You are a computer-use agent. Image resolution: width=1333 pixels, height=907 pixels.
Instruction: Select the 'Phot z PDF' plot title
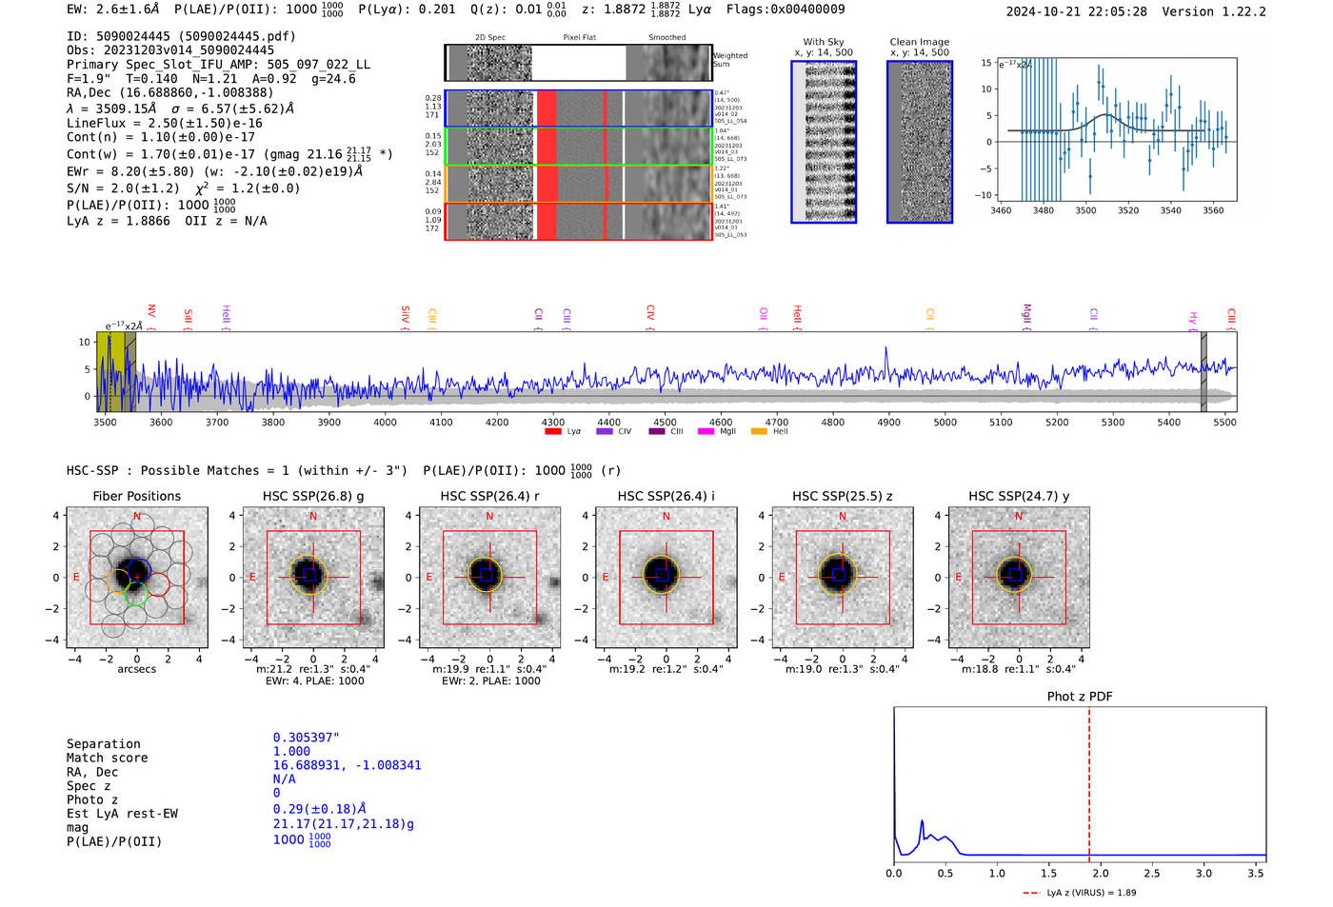[1080, 697]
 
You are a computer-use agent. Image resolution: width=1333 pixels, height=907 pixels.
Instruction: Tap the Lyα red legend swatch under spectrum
[553, 432]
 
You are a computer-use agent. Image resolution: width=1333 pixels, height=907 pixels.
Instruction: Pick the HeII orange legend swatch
[759, 432]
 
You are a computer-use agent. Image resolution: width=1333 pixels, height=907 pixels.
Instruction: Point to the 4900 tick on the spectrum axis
[888, 422]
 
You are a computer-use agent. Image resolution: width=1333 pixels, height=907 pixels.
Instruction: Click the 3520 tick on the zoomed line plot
[1128, 210]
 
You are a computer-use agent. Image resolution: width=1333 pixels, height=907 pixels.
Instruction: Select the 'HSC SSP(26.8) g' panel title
[313, 496]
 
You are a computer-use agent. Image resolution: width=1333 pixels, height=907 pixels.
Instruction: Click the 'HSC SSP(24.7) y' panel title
[1019, 496]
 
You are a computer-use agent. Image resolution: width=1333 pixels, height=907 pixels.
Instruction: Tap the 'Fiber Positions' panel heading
[137, 496]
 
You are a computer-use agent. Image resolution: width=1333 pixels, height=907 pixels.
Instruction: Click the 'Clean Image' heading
[919, 42]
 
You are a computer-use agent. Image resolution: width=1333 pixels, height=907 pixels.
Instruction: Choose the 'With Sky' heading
[824, 42]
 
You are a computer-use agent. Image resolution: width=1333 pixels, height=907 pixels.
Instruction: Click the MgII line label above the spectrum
[1026, 314]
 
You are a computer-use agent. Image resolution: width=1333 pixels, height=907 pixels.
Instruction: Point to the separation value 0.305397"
[307, 738]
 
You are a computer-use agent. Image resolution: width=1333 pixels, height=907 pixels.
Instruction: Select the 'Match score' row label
[107, 758]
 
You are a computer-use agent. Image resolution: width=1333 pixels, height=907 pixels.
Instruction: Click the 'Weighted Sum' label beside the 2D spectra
[730, 60]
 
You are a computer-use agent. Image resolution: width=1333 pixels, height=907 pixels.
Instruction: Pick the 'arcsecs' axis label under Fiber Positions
[137, 669]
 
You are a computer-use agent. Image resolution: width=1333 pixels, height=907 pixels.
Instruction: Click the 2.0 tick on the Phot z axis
[1101, 873]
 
